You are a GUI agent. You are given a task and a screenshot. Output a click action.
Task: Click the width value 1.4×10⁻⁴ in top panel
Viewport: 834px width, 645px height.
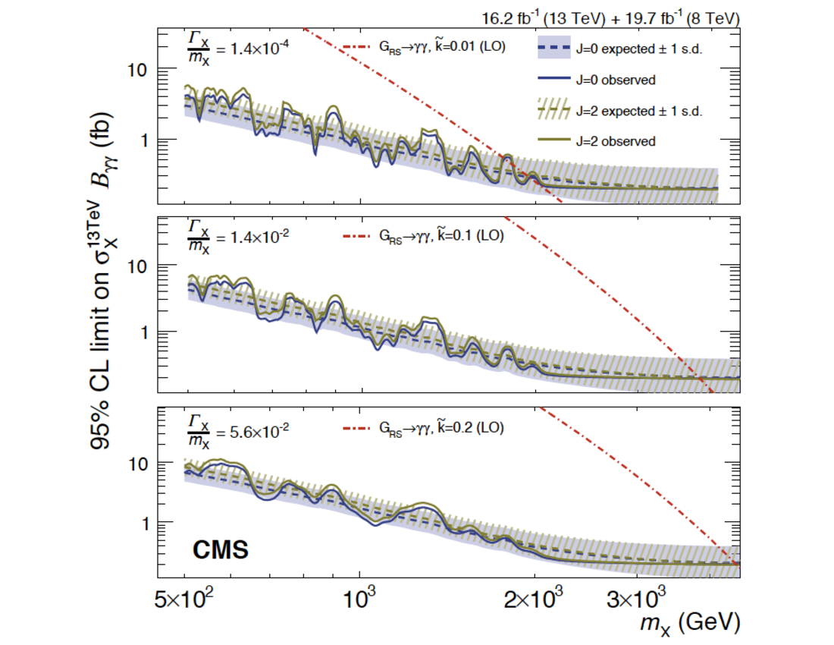coord(251,49)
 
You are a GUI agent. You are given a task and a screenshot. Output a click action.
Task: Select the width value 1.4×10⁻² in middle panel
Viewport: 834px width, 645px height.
coord(251,236)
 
